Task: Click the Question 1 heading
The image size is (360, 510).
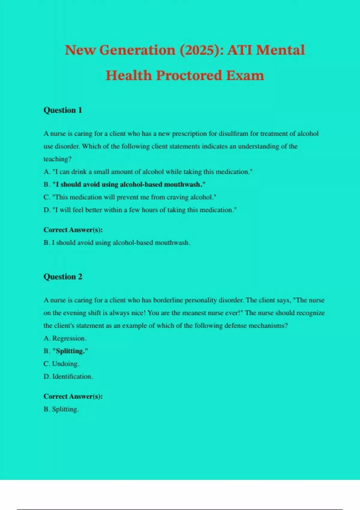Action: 63,110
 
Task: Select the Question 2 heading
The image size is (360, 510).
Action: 63,277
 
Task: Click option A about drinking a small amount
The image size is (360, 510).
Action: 148,172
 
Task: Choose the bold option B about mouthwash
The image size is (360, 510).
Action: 124,184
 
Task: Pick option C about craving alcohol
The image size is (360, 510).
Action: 130,197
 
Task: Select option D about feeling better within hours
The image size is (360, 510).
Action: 140,210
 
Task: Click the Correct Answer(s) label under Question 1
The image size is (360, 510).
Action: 73,230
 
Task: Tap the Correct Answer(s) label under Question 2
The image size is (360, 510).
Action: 73,396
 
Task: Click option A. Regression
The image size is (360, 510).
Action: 65,338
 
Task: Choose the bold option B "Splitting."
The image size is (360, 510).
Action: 66,351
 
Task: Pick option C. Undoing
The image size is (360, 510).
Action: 61,364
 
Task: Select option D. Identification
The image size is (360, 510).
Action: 68,376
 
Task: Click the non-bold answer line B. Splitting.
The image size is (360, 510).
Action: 61,409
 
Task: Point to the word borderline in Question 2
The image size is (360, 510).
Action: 168,300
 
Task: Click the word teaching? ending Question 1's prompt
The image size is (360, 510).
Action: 57,159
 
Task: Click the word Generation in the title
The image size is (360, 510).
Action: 137,50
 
